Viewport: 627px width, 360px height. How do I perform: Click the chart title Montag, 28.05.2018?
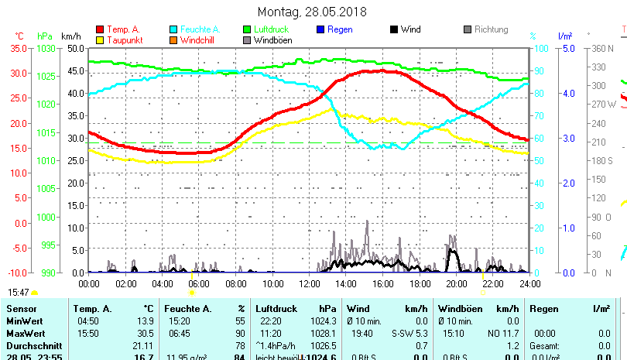point(312,12)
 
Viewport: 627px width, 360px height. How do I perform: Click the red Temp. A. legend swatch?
point(101,30)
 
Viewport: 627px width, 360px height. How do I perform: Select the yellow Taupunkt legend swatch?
point(101,40)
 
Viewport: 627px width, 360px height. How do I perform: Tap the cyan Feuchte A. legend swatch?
point(174,30)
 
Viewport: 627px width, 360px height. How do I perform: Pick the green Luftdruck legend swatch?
point(248,30)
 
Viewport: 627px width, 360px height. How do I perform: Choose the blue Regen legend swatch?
point(321,30)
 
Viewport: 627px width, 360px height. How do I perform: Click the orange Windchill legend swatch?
point(174,40)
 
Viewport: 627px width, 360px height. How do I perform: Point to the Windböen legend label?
point(273,40)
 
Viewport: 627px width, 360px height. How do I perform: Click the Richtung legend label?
point(492,30)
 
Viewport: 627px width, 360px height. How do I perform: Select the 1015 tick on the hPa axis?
point(45,132)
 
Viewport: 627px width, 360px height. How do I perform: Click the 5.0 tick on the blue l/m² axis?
point(565,48)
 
